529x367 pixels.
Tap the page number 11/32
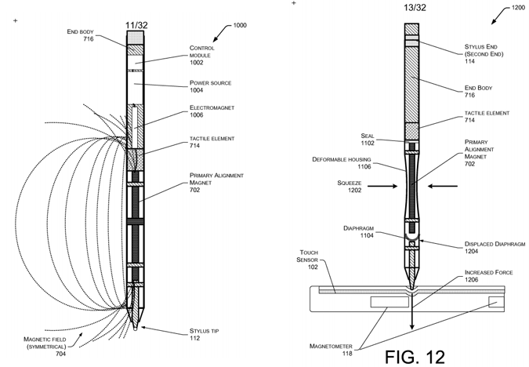137,24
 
